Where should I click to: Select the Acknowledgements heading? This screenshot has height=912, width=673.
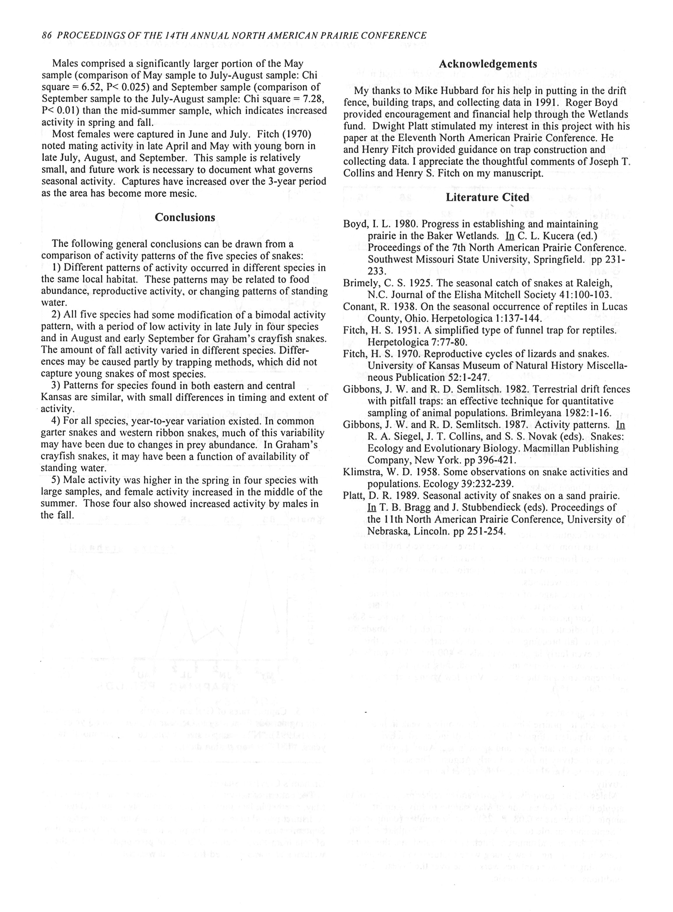(x=488, y=64)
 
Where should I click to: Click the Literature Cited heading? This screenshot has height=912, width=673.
(x=487, y=198)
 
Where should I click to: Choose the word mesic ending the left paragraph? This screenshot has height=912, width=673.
(x=180, y=193)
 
